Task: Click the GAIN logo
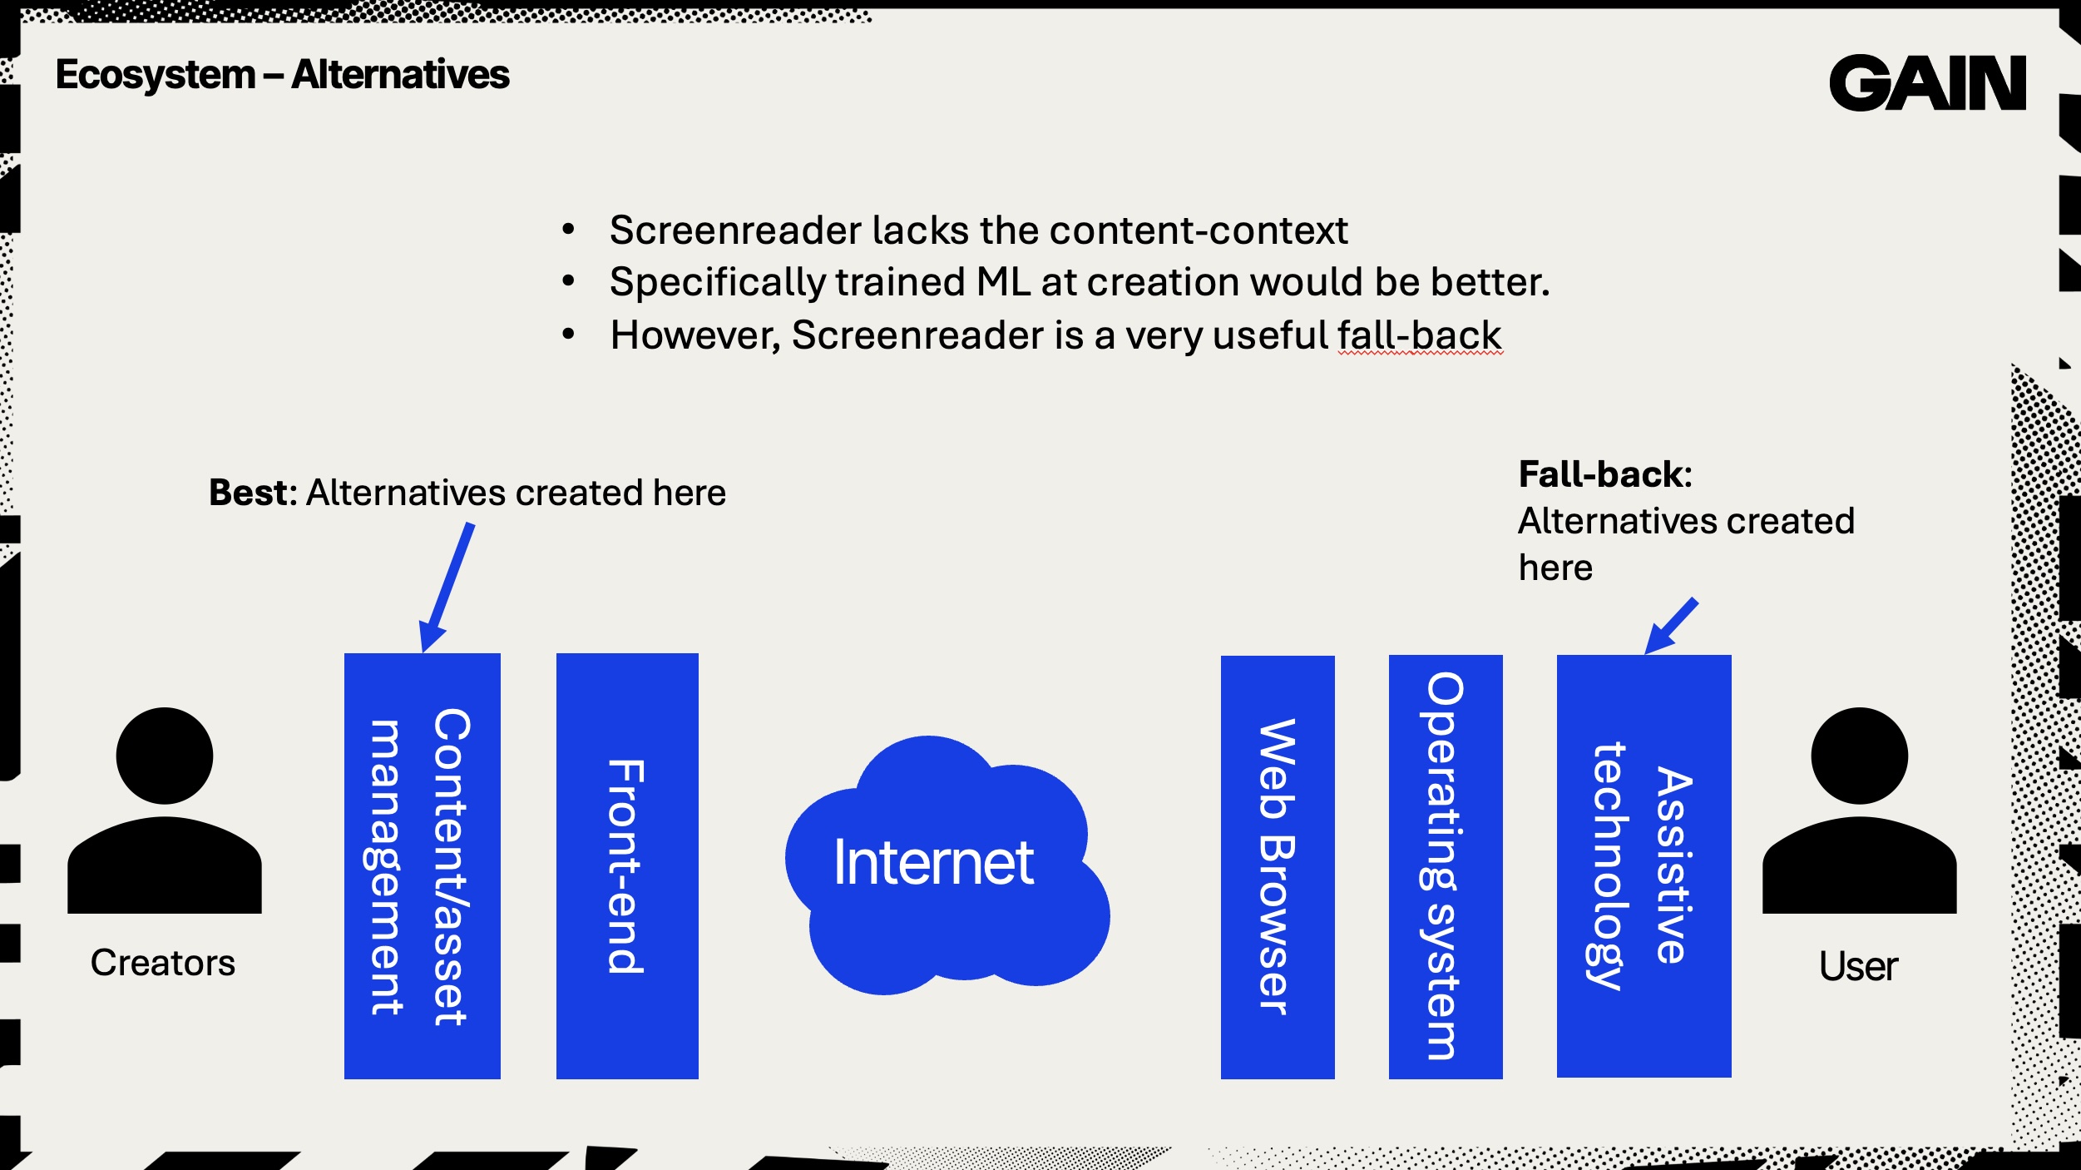coord(1927,82)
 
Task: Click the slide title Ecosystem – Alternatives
coord(282,75)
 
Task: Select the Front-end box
coord(627,865)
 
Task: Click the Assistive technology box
coord(1644,865)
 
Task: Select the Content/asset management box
coord(422,865)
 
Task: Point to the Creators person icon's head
coord(165,756)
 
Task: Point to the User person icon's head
coord(1860,756)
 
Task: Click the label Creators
coord(163,963)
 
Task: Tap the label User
coord(1858,966)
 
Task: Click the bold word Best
coord(250,493)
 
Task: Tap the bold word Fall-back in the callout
coord(1604,474)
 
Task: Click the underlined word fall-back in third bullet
coord(1420,335)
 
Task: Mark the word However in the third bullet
coord(694,335)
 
